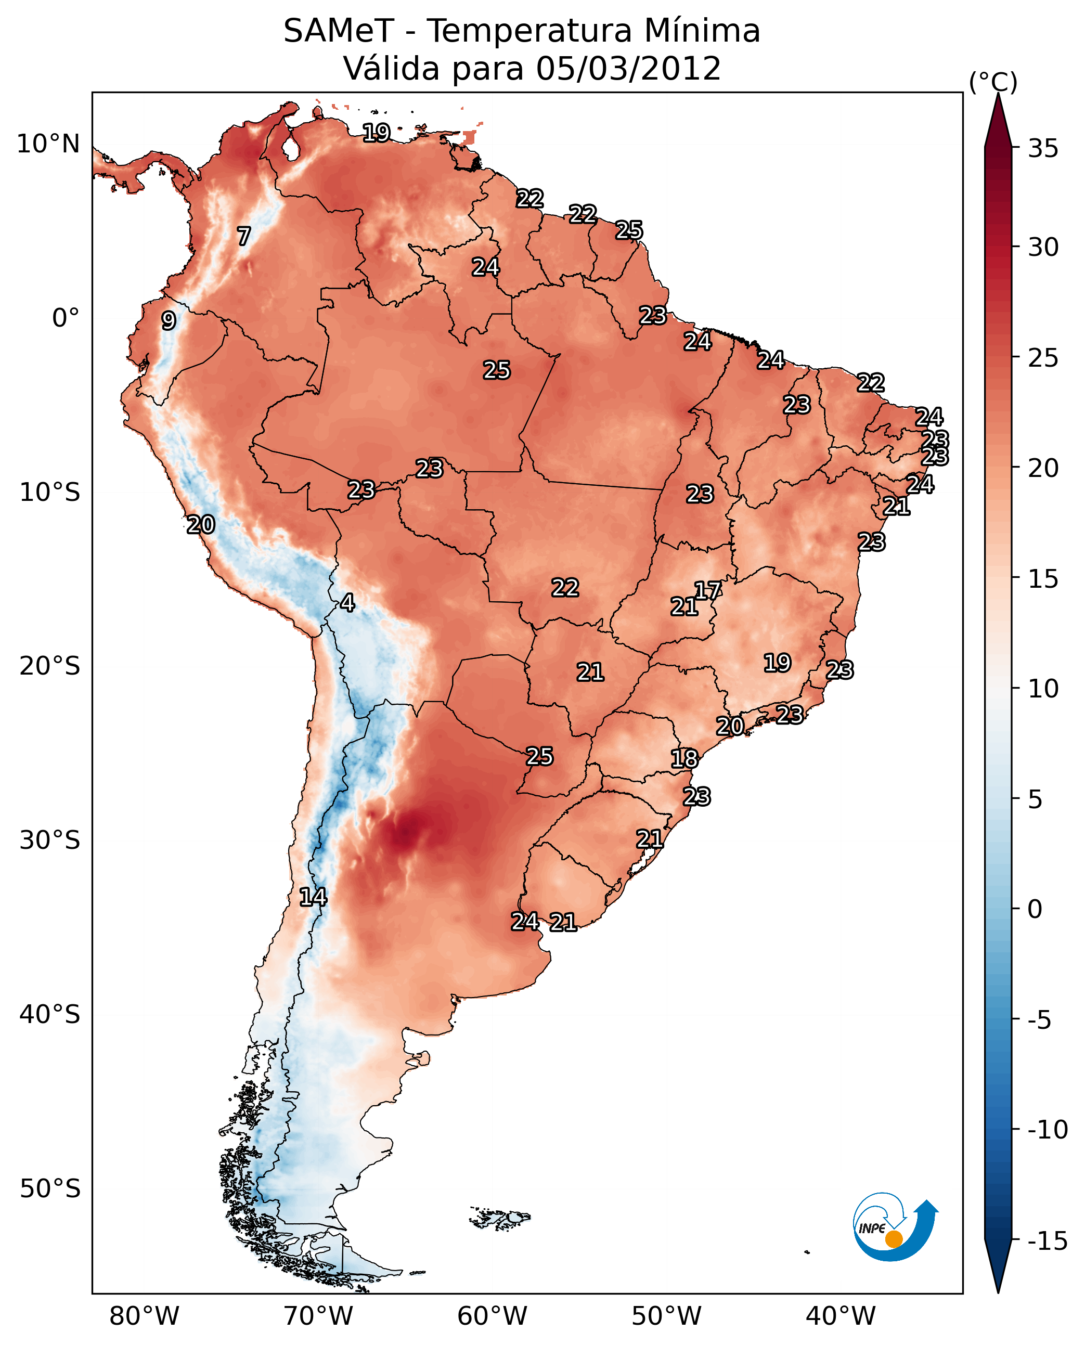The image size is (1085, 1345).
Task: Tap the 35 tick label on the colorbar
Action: click(1043, 149)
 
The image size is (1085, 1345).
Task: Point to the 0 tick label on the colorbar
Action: click(1035, 909)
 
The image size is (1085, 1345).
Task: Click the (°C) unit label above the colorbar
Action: click(993, 82)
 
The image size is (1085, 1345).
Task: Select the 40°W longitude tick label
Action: click(840, 1316)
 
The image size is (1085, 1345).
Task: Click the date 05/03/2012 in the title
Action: click(628, 68)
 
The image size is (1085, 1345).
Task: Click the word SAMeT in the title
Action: click(339, 31)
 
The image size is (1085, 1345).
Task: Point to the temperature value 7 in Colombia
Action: click(244, 236)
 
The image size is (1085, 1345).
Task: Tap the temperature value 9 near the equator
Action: click(169, 320)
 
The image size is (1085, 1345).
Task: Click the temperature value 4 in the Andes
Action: click(347, 602)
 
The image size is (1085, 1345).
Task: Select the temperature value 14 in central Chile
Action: click(313, 897)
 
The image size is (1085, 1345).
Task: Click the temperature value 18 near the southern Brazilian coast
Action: click(684, 759)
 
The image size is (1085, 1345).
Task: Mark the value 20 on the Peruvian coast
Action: click(201, 524)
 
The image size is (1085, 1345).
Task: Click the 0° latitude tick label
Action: click(66, 318)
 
